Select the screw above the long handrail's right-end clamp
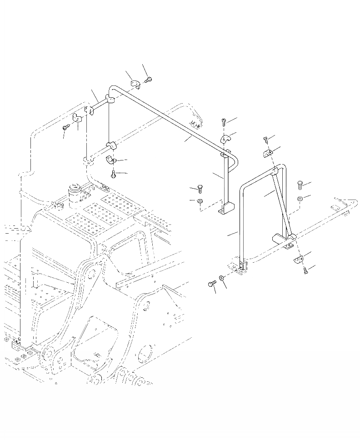(x=224, y=121)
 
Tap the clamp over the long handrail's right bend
(x=226, y=138)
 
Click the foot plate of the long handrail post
(x=226, y=210)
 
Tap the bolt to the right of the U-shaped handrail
(x=300, y=184)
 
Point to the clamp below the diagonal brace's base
(x=298, y=259)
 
